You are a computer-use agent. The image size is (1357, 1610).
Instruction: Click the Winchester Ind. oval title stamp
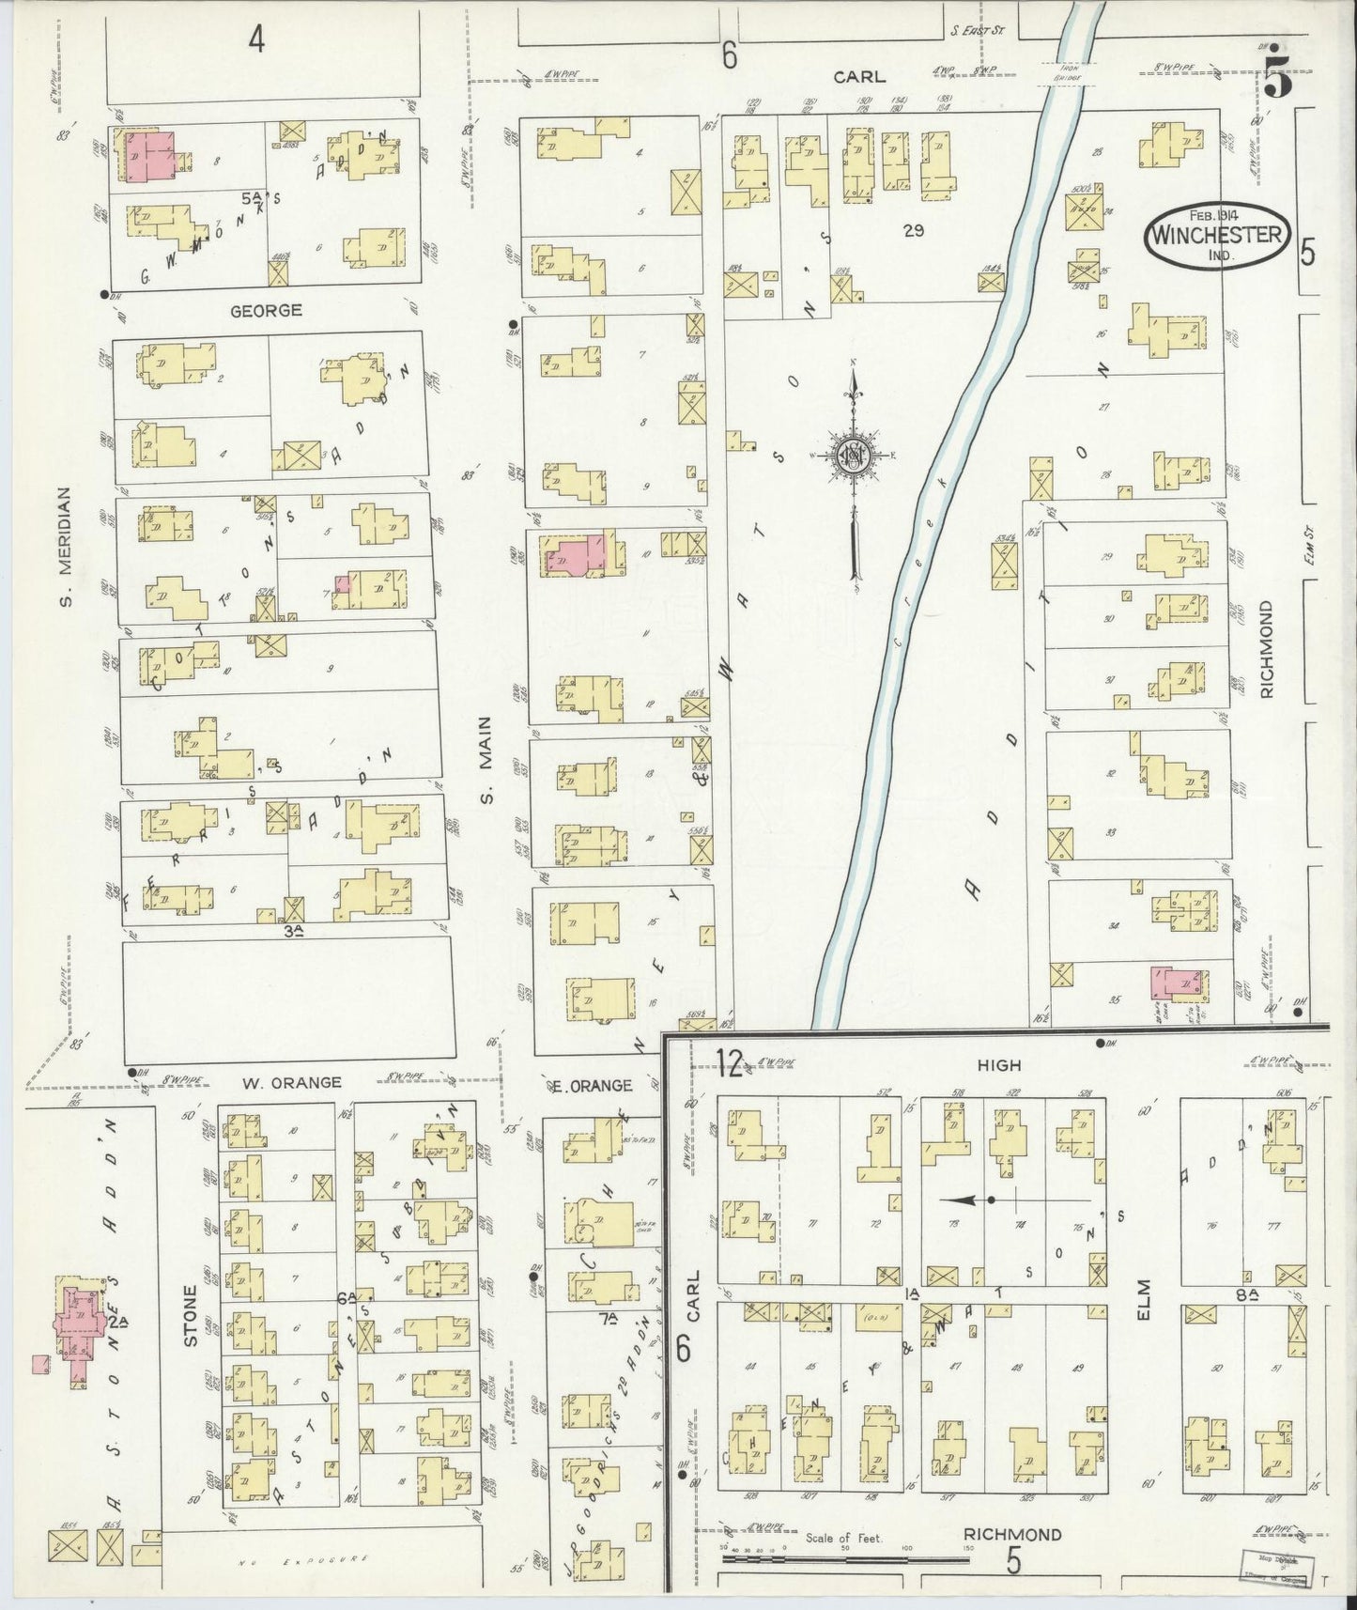1217,233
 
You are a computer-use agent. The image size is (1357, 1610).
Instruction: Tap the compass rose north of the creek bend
855,457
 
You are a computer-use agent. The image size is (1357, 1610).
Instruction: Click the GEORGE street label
267,310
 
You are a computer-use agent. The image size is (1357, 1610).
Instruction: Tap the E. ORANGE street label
592,1085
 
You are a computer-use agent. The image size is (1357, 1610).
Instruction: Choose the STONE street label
192,1315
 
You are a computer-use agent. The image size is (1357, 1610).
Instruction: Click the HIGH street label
998,1065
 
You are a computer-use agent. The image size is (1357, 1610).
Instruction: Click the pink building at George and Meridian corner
150,154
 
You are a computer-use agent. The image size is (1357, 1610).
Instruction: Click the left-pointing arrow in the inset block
967,1200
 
